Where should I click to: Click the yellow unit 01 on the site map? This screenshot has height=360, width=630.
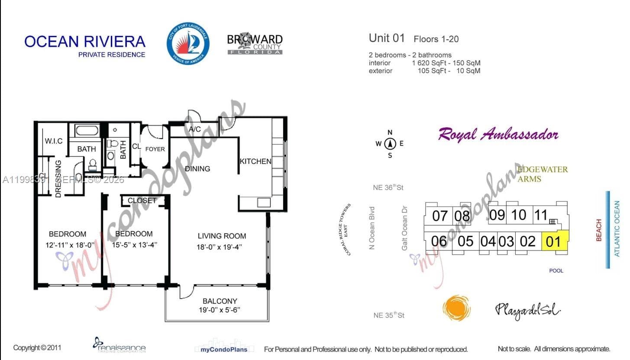(554, 241)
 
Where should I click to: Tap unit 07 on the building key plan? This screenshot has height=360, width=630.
(439, 215)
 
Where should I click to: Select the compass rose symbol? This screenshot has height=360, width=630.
(390, 144)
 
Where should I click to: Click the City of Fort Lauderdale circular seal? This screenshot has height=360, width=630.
(188, 44)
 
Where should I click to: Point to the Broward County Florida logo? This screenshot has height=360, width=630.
(255, 43)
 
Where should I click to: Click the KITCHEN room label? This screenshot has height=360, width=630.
(255, 161)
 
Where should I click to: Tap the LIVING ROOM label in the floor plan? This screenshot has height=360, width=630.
(222, 236)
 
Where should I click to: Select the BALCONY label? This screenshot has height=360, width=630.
(220, 301)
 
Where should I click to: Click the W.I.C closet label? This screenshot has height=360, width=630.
(54, 141)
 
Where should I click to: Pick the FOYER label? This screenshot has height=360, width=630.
(155, 149)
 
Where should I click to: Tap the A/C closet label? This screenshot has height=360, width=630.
(194, 129)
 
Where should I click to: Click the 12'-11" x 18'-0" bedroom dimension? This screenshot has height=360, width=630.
(67, 244)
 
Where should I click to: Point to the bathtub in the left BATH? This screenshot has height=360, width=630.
(87, 130)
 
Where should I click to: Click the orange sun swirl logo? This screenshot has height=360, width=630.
(456, 309)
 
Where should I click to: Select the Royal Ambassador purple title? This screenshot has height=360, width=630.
(498, 135)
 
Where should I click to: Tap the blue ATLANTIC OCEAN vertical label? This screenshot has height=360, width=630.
(617, 229)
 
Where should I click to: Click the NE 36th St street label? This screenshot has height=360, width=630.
(388, 188)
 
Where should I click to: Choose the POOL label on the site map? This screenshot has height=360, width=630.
(556, 271)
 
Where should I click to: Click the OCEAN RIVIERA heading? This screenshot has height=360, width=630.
(85, 42)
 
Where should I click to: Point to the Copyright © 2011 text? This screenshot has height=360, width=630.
(37, 347)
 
